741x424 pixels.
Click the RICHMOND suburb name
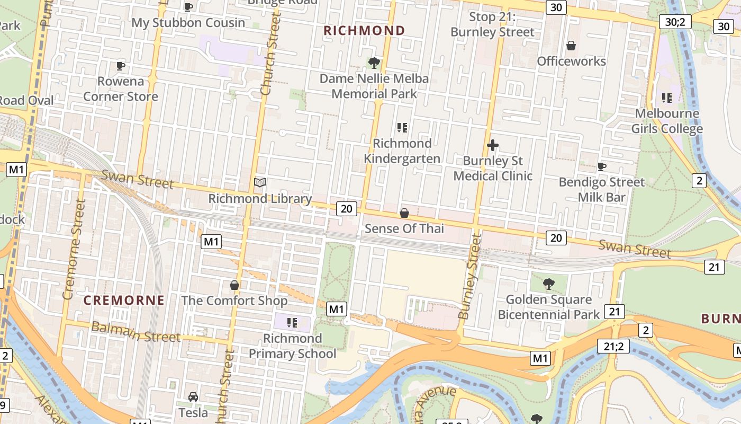(x=364, y=31)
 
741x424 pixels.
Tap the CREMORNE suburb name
(x=124, y=301)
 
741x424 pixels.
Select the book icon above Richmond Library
(x=260, y=183)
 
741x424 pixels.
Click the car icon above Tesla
(x=193, y=397)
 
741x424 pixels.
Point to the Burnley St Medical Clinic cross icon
(x=493, y=145)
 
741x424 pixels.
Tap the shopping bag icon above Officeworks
(x=571, y=46)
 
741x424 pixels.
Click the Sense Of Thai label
(x=404, y=228)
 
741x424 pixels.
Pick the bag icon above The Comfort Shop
(x=234, y=286)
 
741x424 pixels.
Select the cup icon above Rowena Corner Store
(x=121, y=66)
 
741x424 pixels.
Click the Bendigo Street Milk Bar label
(x=602, y=190)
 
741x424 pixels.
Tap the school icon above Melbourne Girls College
(x=667, y=98)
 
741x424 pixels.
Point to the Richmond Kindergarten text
(x=402, y=151)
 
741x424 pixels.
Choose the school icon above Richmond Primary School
(x=292, y=323)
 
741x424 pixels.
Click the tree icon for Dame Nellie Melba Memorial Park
(x=374, y=63)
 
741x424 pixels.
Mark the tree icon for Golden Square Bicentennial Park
(x=549, y=284)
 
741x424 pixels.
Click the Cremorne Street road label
(x=74, y=249)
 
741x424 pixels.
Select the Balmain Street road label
(x=135, y=332)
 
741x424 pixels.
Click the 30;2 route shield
(x=675, y=22)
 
